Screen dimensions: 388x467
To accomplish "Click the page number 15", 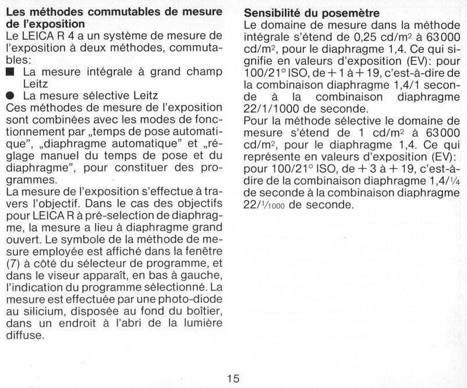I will [233, 378].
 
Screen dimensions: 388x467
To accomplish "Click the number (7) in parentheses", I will [13, 263].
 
